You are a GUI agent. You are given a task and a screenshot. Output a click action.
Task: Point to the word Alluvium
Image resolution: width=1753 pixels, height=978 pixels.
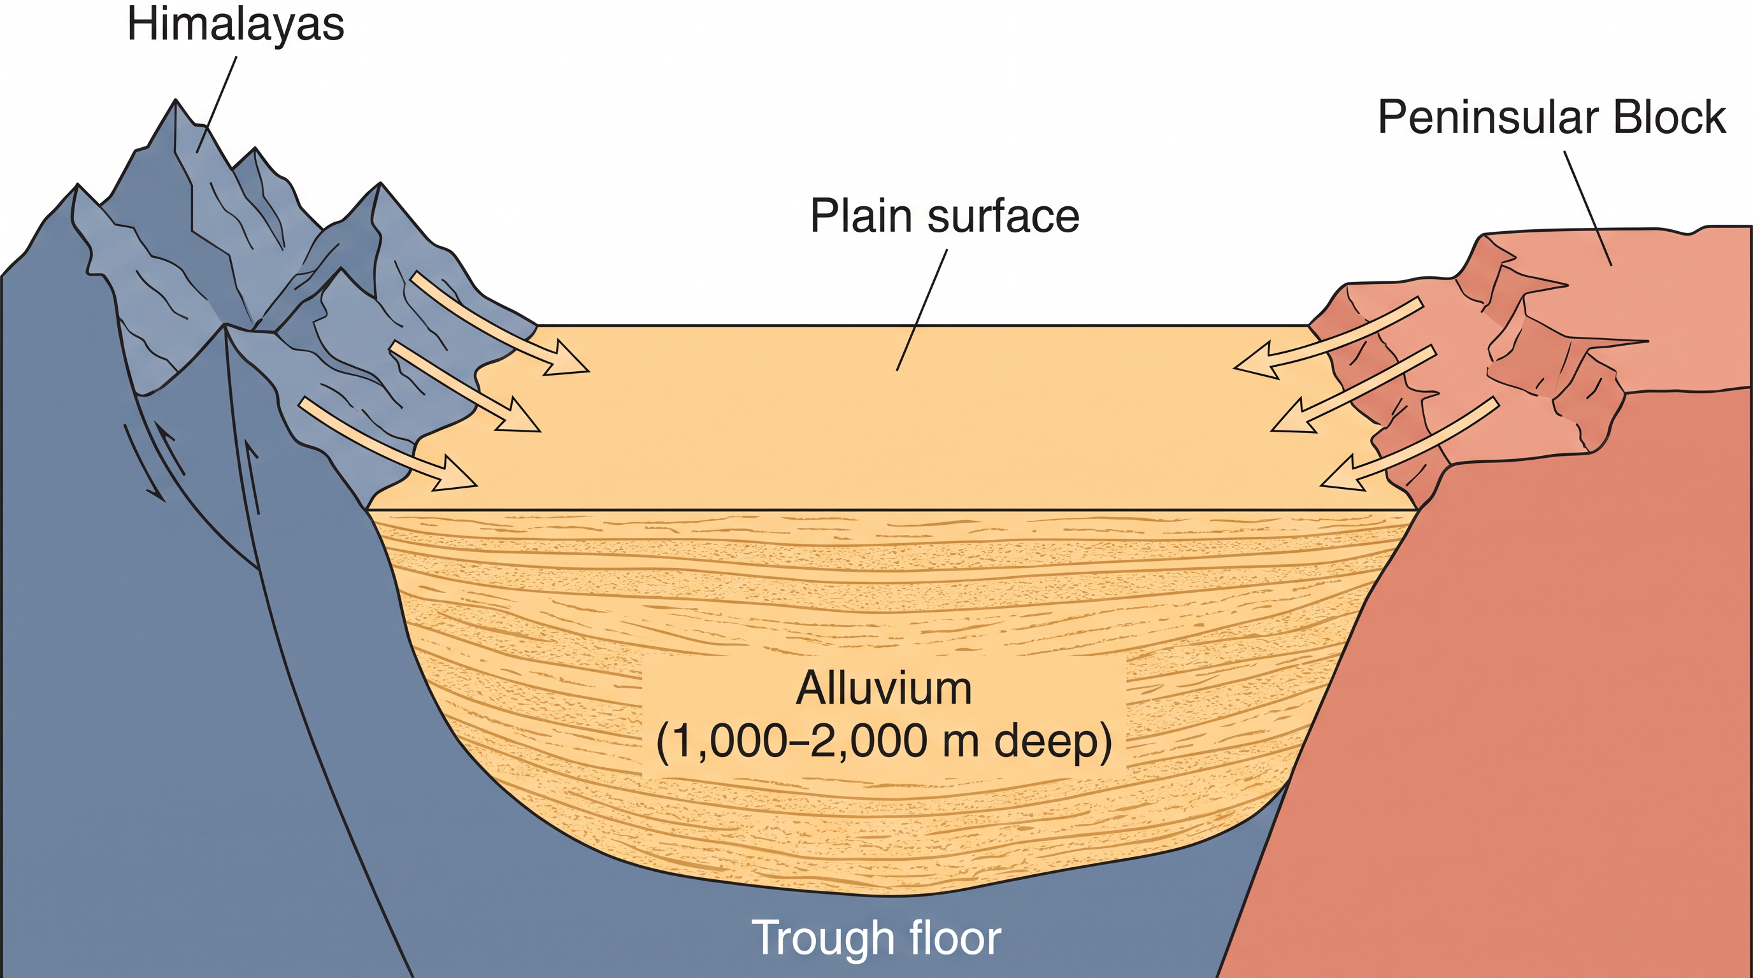[884, 688]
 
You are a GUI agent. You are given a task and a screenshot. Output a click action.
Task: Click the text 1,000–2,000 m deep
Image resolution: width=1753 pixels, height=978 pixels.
[884, 741]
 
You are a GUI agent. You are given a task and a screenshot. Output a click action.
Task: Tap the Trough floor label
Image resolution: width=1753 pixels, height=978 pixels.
[876, 937]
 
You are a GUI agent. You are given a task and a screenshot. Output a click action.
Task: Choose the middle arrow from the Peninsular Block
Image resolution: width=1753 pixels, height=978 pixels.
[1353, 389]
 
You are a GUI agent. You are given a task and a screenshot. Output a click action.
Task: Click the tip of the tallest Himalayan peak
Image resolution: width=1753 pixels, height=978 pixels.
[176, 100]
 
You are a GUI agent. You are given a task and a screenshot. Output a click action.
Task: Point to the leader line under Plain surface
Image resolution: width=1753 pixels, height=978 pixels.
[922, 310]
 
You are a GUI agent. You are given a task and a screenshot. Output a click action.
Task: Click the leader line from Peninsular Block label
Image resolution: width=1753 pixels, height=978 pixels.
[1587, 208]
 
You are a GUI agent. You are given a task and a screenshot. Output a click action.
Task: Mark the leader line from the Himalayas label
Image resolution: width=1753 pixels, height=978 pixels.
[217, 104]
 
